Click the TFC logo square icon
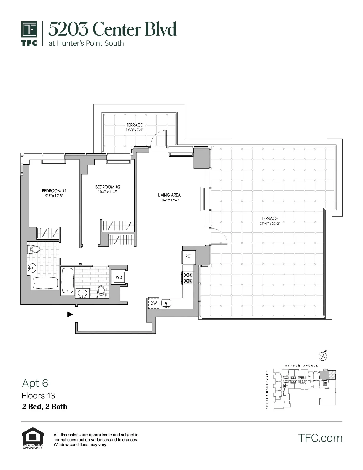pos(29,30)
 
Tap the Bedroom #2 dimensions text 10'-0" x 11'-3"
pos(108,192)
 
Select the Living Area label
pos(169,195)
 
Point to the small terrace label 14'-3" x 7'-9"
pos(135,130)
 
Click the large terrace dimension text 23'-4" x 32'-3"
pos(270,224)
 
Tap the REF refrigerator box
pos(189,256)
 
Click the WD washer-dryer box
pos(119,277)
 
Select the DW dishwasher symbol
pos(153,303)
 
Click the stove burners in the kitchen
pos(188,278)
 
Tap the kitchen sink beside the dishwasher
pos(166,304)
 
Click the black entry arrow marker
pos(70,314)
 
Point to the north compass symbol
pos(322,355)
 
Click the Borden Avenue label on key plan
pos(301,366)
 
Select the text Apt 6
pos(35,383)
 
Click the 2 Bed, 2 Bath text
pos(44,407)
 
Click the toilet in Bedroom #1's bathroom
pos(34,250)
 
